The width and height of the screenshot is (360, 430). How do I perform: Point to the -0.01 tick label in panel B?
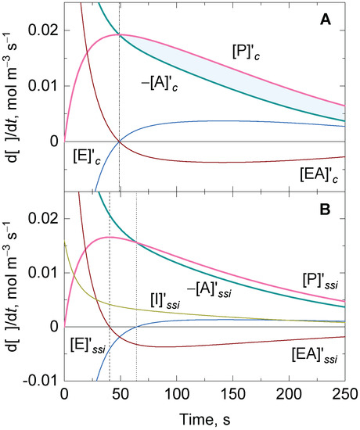coord(38,381)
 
